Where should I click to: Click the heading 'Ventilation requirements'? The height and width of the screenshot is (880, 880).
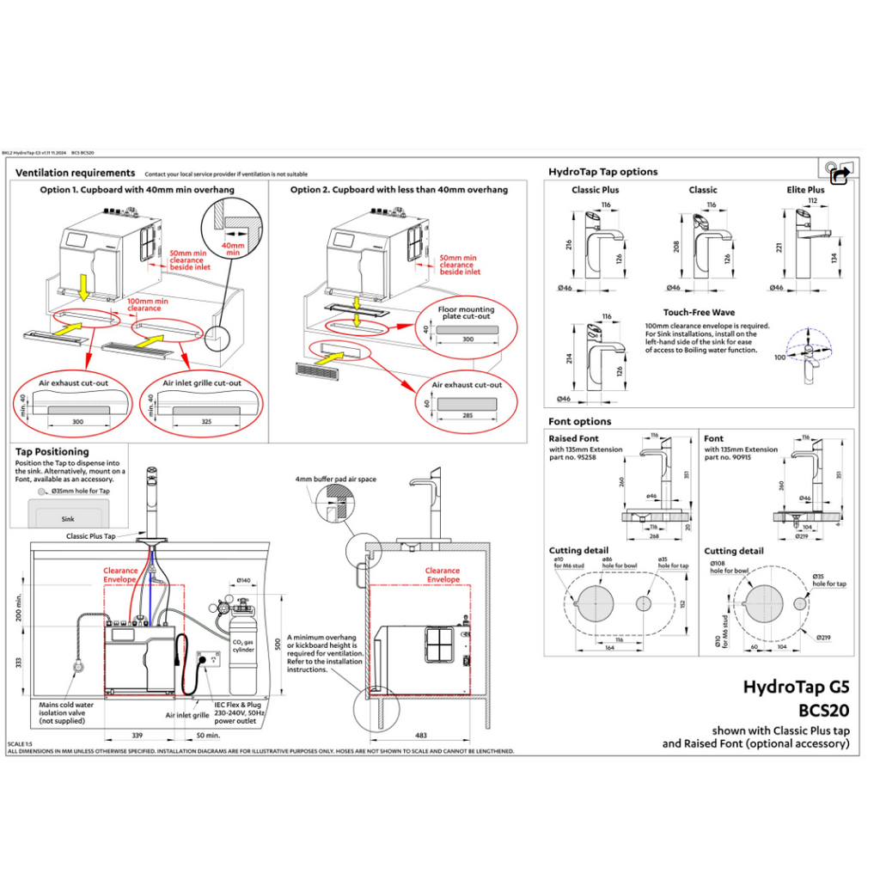tap(76, 173)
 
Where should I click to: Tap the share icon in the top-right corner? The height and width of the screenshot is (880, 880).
tap(840, 173)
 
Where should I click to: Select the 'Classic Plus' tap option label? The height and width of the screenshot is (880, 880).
tap(595, 190)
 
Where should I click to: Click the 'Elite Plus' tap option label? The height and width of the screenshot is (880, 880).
tap(805, 190)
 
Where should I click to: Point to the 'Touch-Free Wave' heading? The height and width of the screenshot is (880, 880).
tap(699, 313)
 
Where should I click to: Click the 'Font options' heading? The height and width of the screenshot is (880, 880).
tap(580, 421)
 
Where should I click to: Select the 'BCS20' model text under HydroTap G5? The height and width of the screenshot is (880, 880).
tap(823, 711)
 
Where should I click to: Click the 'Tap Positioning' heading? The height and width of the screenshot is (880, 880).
tap(52, 451)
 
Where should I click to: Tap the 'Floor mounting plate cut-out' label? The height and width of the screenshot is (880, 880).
tap(467, 313)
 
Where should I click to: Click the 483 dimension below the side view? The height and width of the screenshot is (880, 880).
tap(421, 736)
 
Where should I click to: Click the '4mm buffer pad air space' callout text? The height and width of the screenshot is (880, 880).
tap(336, 479)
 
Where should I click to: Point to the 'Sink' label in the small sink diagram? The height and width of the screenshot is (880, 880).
tap(67, 519)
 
